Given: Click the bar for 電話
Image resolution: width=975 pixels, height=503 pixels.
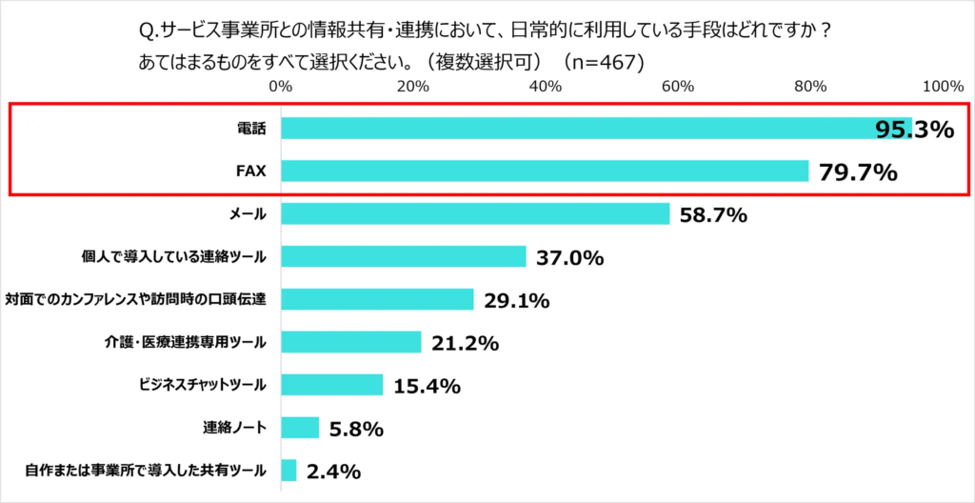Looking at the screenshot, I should pos(595,129).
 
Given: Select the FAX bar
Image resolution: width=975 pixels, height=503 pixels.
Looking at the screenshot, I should pos(545,171).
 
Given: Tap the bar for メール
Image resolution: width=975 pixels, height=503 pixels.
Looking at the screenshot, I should pos(475,214).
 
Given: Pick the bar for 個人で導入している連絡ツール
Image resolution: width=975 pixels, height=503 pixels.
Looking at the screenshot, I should pos(404,256).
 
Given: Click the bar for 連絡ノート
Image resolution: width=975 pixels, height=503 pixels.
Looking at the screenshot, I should pos(300,428).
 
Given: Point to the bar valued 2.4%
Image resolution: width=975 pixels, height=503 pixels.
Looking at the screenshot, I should pos(289,471).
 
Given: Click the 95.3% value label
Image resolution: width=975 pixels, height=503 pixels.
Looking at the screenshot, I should pos(914,130).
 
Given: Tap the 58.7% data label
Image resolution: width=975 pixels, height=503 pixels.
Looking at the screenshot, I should pos(713,215).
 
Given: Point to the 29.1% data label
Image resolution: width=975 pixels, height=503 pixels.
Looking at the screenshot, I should pos(517,301).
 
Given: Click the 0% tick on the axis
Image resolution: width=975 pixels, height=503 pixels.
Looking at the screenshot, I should pos(281,86).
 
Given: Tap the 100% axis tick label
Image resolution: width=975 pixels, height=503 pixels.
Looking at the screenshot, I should pos(944,86).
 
